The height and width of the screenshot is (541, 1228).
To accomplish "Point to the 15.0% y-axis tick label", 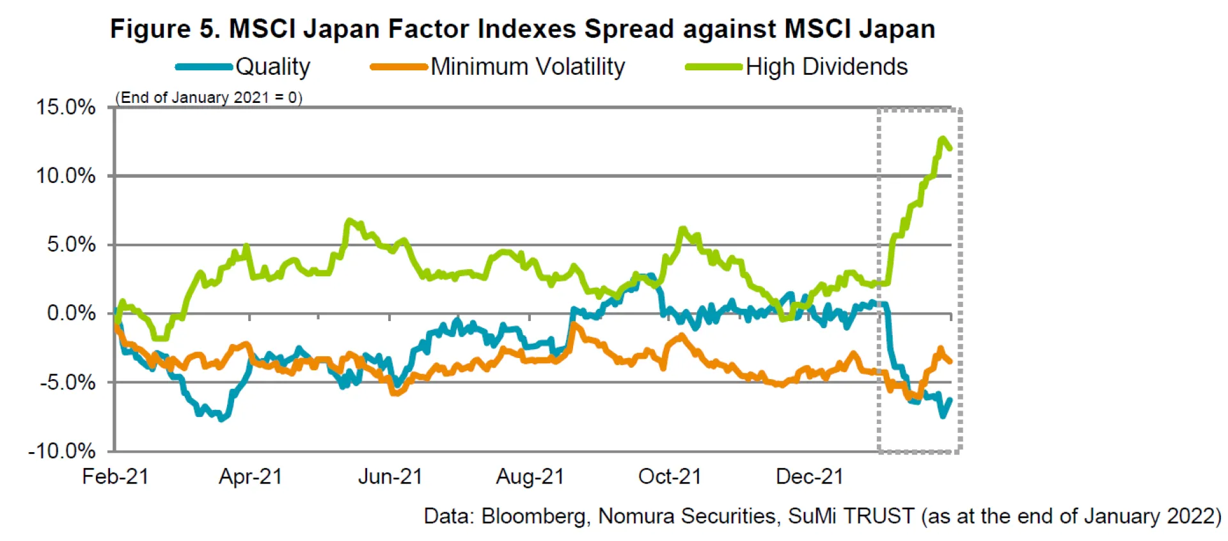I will (66, 107).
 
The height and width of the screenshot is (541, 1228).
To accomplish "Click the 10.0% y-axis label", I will (66, 175).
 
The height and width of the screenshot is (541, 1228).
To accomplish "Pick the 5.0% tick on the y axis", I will (71, 244).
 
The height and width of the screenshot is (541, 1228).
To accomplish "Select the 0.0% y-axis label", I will (71, 313).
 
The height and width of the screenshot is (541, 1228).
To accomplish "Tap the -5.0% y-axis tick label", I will (68, 382).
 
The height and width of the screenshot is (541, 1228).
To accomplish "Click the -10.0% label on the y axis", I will (62, 451).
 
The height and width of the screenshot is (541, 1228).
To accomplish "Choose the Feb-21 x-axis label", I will (115, 476).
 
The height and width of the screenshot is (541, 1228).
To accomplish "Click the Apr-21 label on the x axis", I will (250, 476).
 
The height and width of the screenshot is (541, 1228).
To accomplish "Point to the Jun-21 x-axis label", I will (390, 476).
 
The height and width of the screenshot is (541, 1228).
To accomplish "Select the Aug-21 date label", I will (530, 476).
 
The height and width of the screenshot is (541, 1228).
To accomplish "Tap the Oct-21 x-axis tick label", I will (670, 476).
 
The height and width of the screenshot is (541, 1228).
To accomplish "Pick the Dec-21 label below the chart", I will (810, 476).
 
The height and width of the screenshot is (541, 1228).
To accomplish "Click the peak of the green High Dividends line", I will (942, 138).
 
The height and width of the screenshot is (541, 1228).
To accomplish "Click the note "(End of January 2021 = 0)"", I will (209, 97).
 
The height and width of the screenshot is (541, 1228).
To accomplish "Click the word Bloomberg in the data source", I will (534, 516).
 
